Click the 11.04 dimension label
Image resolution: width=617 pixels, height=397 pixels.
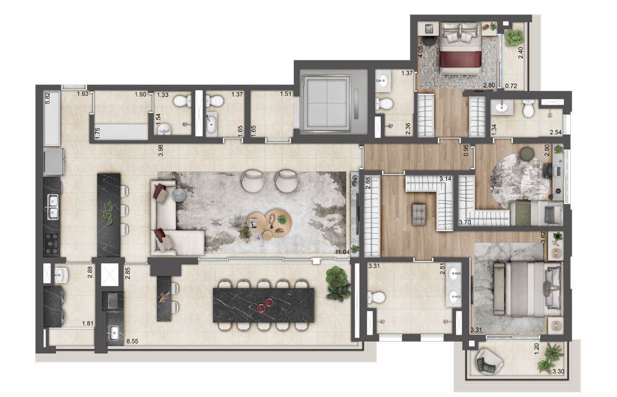342,252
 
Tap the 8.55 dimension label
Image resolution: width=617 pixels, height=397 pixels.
132,342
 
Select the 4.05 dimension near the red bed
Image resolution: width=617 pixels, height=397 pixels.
420,52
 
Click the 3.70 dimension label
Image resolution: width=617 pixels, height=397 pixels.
464,222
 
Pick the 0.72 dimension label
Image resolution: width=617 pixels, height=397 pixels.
511,86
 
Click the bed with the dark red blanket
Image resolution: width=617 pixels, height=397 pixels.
460,48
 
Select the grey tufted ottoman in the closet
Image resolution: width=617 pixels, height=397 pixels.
419,214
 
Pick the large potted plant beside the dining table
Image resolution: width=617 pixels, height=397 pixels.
337,283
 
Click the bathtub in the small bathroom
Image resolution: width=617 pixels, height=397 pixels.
212,123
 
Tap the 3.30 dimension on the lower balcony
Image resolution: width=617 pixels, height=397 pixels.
559,371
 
